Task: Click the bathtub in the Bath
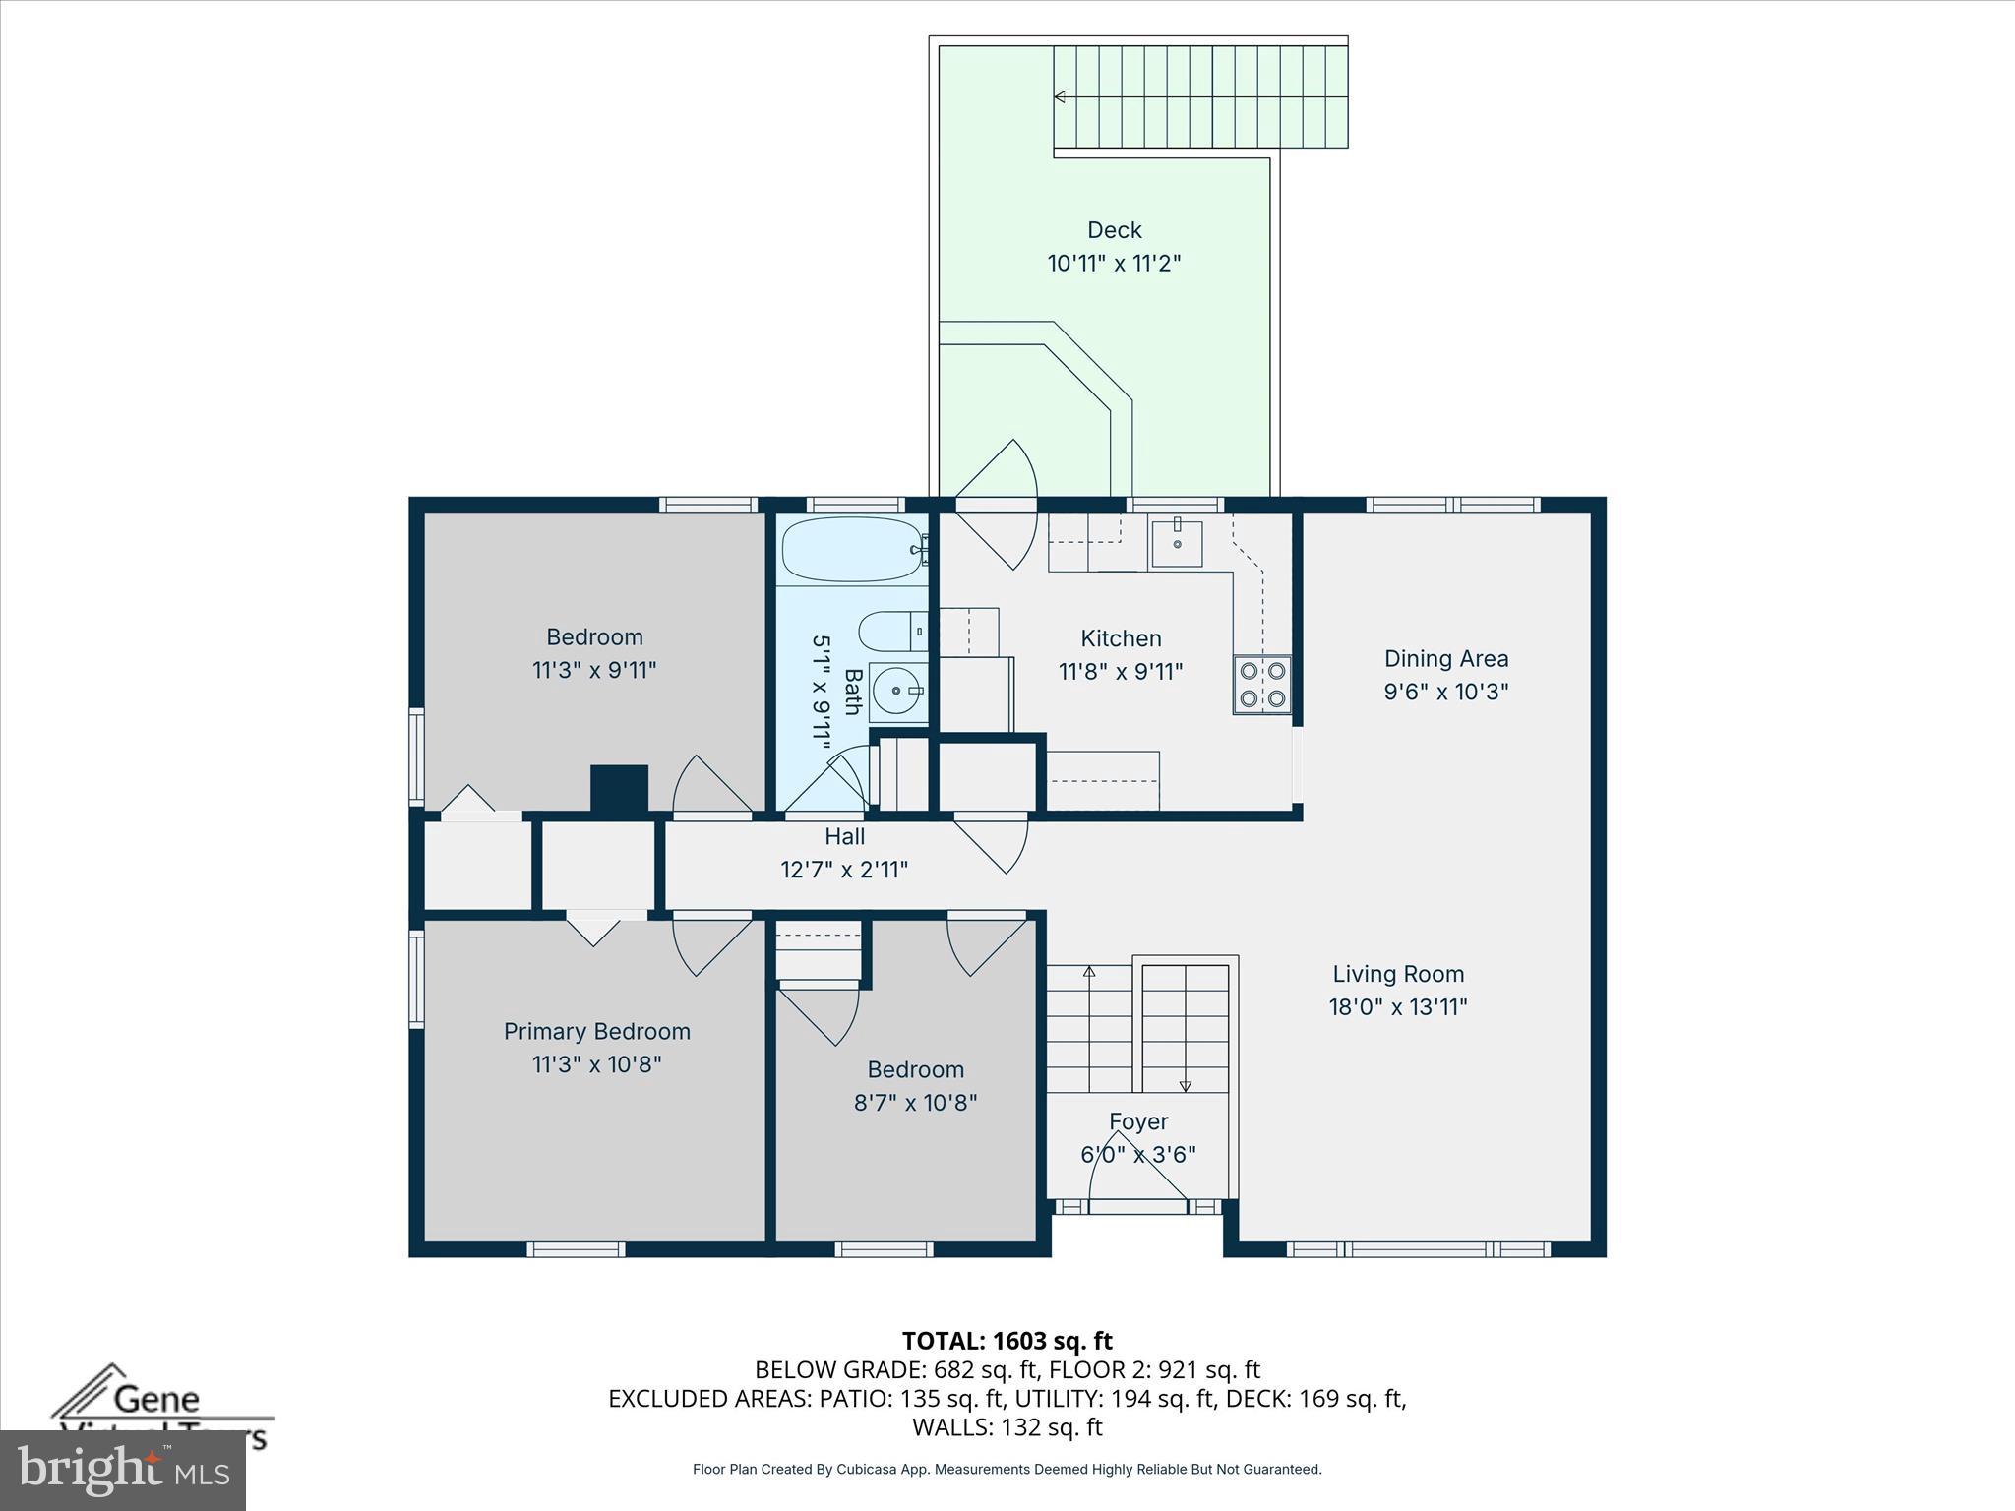(850, 549)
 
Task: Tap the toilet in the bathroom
(890, 632)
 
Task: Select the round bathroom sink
(897, 693)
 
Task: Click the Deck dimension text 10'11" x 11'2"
(1114, 264)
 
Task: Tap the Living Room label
(1398, 974)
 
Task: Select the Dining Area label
(1445, 658)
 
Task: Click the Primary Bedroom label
(596, 1031)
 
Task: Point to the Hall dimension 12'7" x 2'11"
(844, 870)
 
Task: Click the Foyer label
(1138, 1121)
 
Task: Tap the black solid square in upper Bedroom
(619, 788)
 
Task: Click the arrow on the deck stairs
(1061, 96)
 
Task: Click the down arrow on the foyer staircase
(1186, 1086)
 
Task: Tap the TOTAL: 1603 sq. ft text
(1007, 1341)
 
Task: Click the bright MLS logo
(123, 1470)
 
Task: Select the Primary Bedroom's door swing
(708, 946)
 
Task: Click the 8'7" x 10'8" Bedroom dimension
(915, 1103)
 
